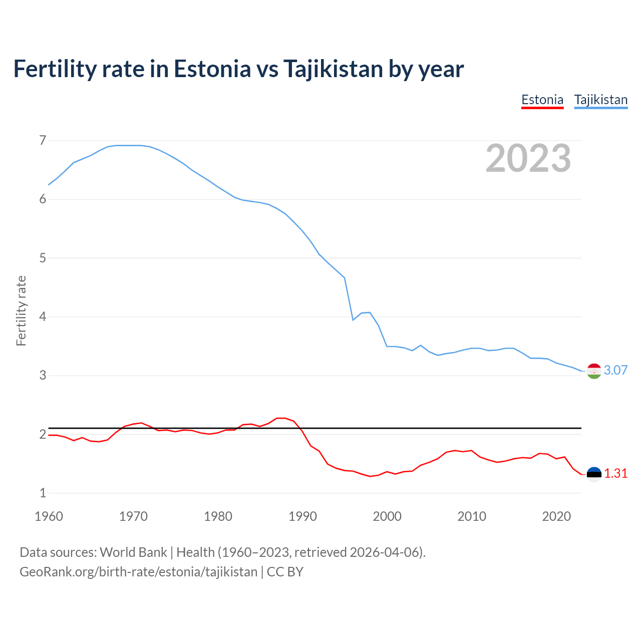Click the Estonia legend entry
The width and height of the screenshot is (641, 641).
click(542, 100)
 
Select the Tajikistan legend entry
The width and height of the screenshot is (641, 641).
click(600, 100)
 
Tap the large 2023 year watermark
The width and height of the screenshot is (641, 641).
click(528, 158)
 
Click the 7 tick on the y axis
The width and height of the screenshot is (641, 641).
click(43, 140)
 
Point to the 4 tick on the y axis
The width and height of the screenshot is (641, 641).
click(43, 316)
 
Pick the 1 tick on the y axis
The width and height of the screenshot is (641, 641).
click(43, 493)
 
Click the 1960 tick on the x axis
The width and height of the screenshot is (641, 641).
click(49, 516)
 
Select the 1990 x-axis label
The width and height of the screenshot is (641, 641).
click(302, 516)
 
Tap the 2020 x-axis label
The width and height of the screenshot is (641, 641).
click(556, 516)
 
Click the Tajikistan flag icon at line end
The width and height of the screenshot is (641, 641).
click(594, 371)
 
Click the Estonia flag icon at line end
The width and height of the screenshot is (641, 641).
click(594, 474)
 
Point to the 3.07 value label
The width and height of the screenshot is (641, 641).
click(615, 371)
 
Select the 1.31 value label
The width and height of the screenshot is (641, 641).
click(615, 474)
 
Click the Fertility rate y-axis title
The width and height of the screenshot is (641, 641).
click(21, 310)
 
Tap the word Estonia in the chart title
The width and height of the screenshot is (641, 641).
click(212, 69)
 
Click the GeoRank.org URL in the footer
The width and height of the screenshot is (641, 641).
click(138, 572)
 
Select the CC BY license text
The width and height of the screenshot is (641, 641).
click(285, 572)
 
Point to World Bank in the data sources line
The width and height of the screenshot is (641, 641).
click(133, 552)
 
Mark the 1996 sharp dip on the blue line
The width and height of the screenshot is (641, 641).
click(353, 319)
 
